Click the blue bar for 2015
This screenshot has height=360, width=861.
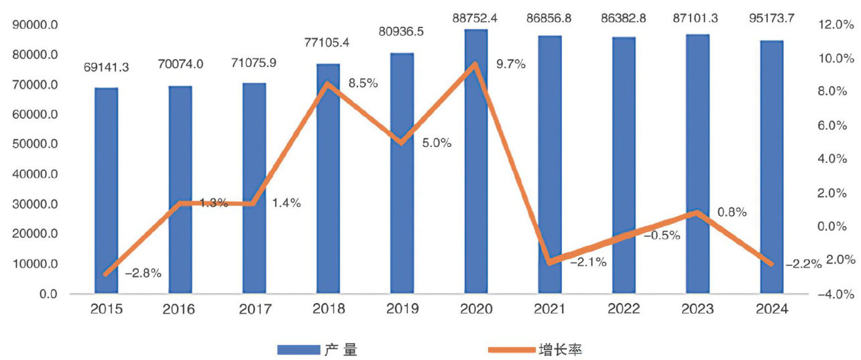[106, 191]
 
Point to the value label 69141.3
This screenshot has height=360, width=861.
[107, 68]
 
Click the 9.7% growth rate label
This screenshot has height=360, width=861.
[511, 64]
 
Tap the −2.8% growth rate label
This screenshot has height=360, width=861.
[143, 273]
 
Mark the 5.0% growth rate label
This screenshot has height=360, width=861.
[437, 143]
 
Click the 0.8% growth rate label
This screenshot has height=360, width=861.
[732, 212]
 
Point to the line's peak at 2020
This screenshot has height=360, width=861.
[475, 64]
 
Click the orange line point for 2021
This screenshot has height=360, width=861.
[550, 261]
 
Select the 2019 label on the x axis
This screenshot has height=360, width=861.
[402, 309]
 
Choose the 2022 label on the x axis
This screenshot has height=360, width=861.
[624, 309]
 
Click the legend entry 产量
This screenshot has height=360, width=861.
[319, 349]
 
